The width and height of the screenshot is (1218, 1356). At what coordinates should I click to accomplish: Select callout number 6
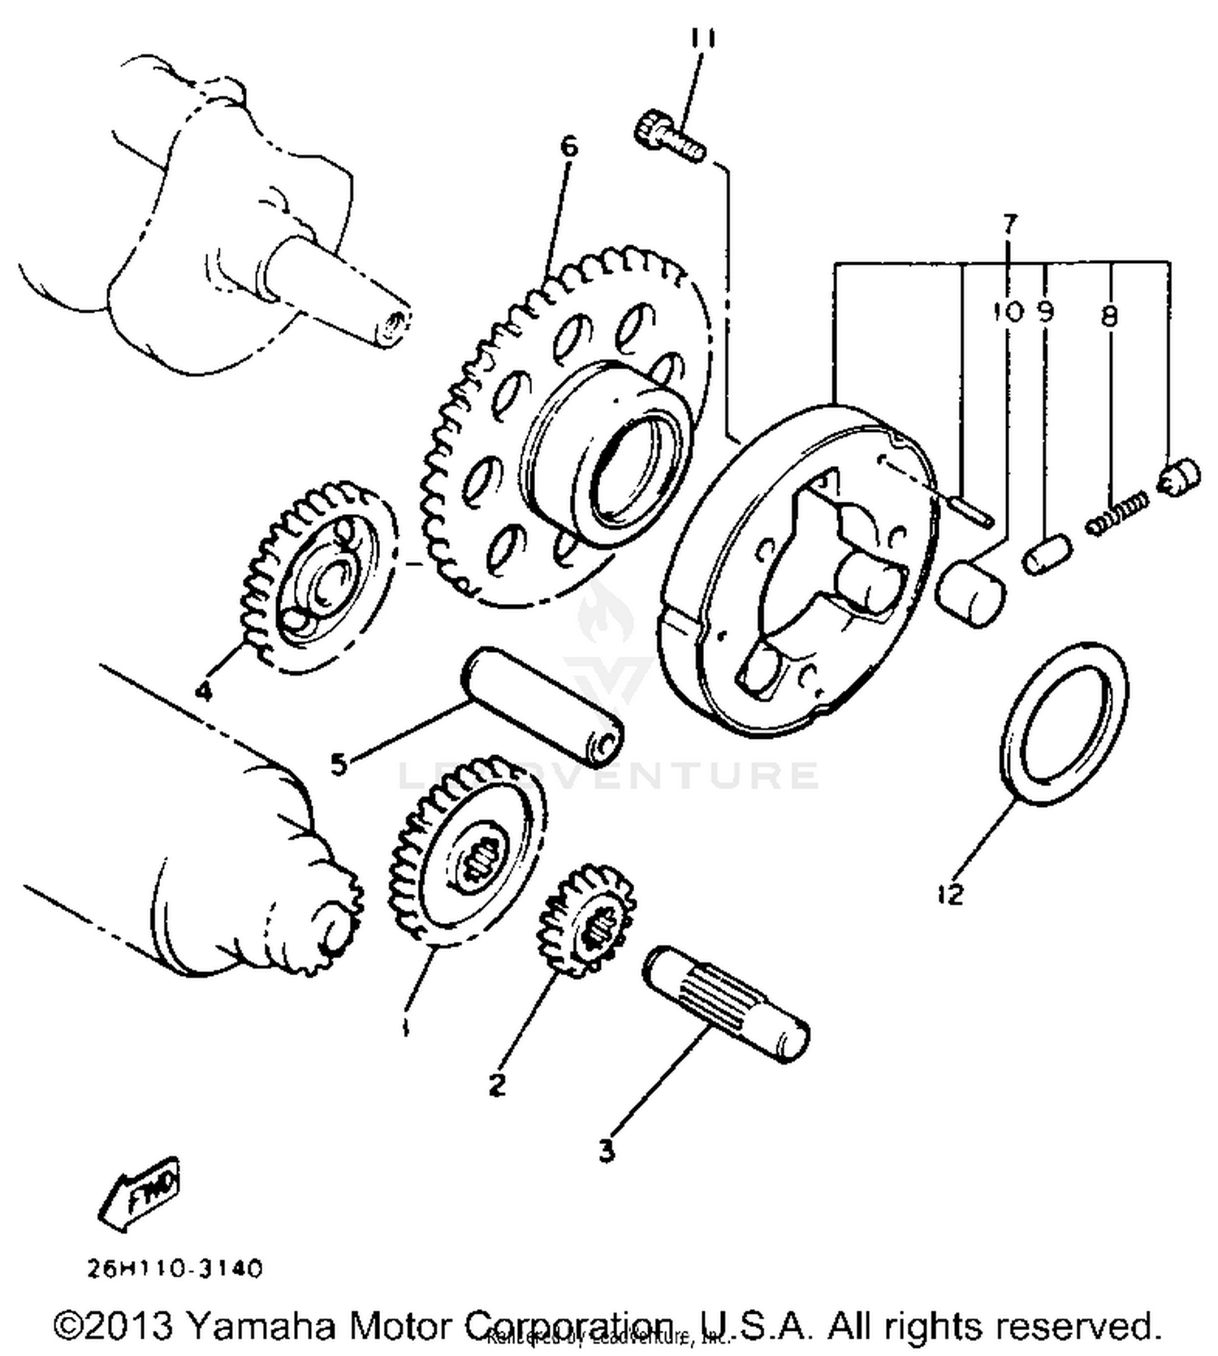569,147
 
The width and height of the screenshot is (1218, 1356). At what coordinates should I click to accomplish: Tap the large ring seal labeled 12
1062,723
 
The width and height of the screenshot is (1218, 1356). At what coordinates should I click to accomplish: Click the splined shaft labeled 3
725,1005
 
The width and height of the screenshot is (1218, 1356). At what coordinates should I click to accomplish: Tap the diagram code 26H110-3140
175,1268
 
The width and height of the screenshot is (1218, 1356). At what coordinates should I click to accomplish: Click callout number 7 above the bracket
1009,223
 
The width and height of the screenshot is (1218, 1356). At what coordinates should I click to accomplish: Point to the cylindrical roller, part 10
971,592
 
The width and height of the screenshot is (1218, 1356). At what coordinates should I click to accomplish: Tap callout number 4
203,691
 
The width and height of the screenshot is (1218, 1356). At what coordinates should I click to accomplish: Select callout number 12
949,894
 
